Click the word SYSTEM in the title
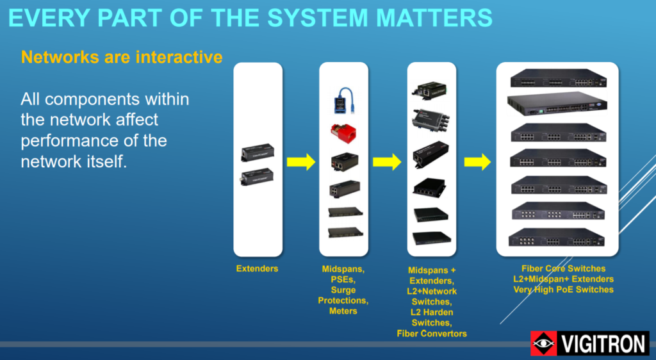click(318, 17)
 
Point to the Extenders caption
click(257, 268)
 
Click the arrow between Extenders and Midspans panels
click(301, 162)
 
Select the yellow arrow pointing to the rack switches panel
click(477, 162)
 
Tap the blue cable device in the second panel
click(344, 101)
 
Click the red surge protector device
click(343, 133)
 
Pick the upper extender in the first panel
click(258, 152)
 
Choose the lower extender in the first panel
click(258, 177)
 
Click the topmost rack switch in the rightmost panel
click(558, 78)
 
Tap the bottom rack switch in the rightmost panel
click(557, 237)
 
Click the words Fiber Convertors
click(432, 333)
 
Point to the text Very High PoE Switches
click(564, 290)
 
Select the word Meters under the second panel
click(343, 311)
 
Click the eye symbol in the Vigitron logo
click(543, 343)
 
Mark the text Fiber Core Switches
click(564, 268)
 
